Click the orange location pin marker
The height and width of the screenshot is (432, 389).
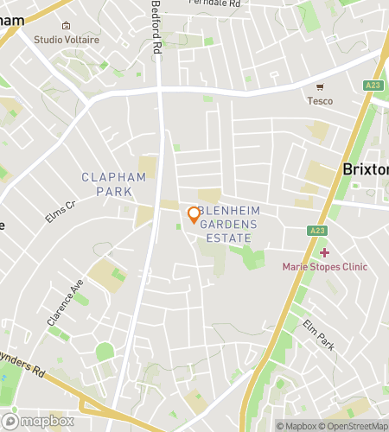(194, 214)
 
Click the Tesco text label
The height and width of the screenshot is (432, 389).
(320, 100)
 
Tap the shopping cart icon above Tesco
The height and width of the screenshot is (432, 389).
(320, 87)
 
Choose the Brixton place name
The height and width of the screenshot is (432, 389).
(366, 169)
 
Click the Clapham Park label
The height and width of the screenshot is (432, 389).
(113, 183)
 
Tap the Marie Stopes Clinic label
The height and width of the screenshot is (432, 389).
(324, 266)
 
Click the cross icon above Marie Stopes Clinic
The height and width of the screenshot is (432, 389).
(324, 253)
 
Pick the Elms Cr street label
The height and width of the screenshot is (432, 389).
(61, 212)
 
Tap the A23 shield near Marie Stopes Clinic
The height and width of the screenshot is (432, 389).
(316, 231)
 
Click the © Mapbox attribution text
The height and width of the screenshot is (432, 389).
(295, 426)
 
